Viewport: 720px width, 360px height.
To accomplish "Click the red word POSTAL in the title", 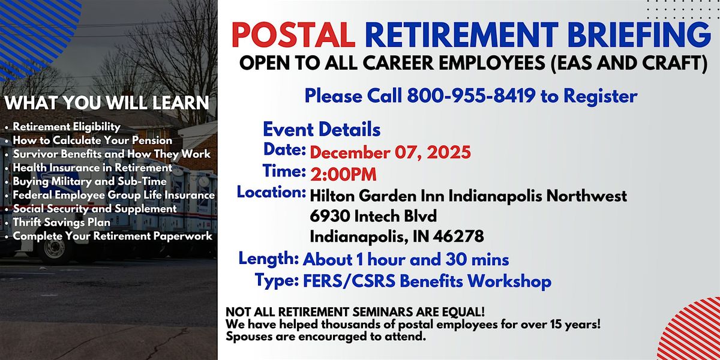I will [x=293, y=36].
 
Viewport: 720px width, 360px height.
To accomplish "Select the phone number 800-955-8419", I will [x=472, y=95].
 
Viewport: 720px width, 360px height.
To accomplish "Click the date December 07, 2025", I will [x=391, y=152].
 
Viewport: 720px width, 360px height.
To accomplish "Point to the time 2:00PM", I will [x=344, y=174].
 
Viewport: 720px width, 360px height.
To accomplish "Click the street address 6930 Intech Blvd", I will [x=373, y=216].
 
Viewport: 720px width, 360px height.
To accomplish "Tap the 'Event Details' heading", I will [x=322, y=129].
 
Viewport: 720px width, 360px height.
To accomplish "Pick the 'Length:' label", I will [x=269, y=259].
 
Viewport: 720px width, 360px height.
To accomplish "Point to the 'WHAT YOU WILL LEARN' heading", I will [x=107, y=103].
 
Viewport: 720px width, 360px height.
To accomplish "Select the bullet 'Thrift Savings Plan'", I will [x=62, y=222].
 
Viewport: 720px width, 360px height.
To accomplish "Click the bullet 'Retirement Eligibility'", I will [x=67, y=127].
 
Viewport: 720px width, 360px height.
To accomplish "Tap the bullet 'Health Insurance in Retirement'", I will [x=92, y=167].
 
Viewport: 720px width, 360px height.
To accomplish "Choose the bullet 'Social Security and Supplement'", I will [x=95, y=209].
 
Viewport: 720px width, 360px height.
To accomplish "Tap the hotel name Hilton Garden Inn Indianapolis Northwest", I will [x=469, y=196].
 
